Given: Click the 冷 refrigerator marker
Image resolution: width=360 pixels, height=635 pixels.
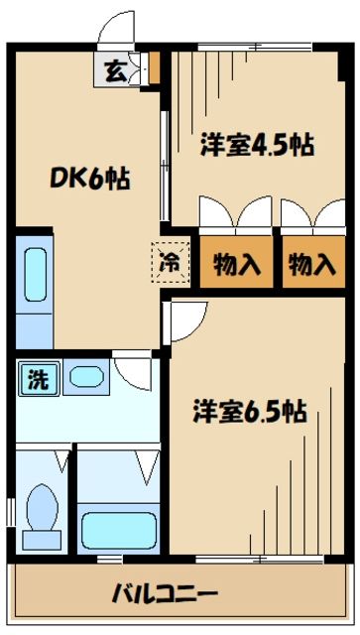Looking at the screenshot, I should (x=170, y=262).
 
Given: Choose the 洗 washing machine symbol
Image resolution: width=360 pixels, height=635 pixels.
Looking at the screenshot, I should (x=37, y=379).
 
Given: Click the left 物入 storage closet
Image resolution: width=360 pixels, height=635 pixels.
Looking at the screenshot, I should (x=237, y=265).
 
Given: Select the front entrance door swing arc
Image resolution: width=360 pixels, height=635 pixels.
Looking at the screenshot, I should (x=116, y=30).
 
